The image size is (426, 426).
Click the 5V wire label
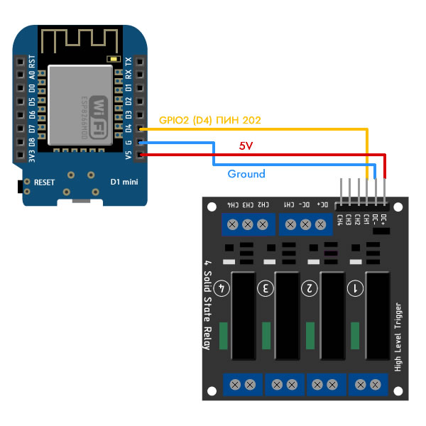pos(246,146)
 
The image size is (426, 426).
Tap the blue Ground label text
pos(246,174)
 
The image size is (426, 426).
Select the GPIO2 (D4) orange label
pos(209,121)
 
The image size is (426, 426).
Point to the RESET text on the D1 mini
pos(44,182)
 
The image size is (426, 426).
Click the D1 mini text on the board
pos(124,182)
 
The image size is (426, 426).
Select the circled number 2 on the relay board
pos(309,288)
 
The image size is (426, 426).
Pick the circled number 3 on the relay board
pos(266,288)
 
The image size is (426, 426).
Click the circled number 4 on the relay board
pos(222,288)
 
